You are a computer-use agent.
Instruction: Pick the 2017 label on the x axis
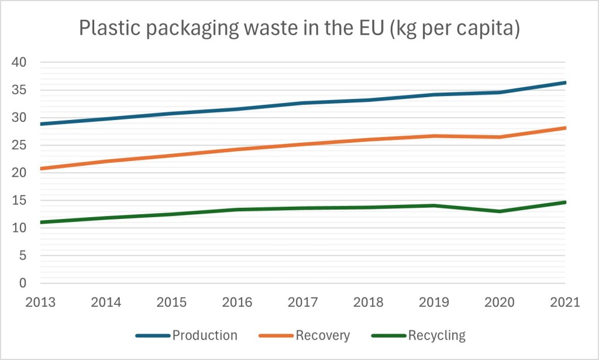tap(302, 303)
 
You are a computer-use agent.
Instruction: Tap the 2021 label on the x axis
tap(564, 303)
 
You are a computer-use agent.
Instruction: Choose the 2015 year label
tap(171, 303)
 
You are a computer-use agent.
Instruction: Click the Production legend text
tap(205, 335)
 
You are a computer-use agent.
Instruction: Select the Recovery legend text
tap(323, 335)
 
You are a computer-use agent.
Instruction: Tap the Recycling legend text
tap(437, 335)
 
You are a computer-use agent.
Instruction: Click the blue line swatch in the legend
tap(153, 335)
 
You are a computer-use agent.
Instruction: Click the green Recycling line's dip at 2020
tap(500, 211)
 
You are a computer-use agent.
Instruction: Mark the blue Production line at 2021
tap(564, 83)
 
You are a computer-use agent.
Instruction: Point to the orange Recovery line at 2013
tap(42, 169)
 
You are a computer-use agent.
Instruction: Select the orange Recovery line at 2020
tap(500, 137)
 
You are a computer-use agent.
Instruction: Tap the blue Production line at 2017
tap(302, 103)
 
